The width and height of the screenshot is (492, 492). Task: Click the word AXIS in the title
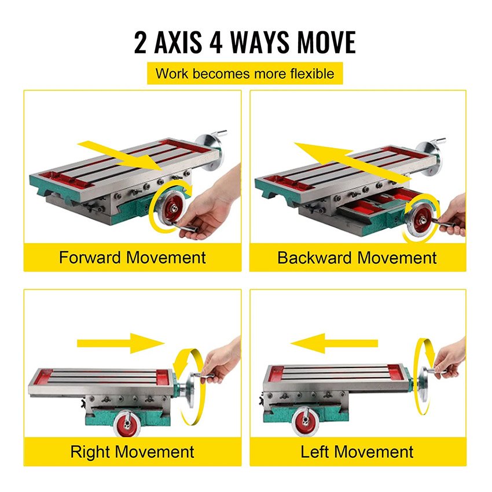pos(178,42)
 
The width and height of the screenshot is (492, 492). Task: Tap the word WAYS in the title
pos(260,42)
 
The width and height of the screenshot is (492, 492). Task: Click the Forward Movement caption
pos(133,258)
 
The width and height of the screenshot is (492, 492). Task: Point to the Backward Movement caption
pos(357,258)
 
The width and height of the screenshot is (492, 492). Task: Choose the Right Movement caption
pos(132,452)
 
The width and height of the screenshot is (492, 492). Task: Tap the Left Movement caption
pos(357,452)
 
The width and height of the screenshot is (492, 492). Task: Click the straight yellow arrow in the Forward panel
pos(121,155)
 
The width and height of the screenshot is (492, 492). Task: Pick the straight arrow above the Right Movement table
pos(121,343)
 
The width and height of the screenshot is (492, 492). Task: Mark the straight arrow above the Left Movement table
pos(334,343)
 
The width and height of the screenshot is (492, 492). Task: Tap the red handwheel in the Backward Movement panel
pos(420,221)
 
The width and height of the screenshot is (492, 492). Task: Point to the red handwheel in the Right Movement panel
pos(127,424)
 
